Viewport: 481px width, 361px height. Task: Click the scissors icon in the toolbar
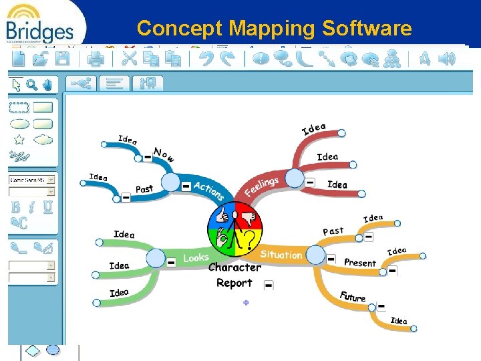point(129,58)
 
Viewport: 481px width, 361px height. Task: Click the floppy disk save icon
point(62,58)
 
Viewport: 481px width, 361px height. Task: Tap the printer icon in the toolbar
point(97,58)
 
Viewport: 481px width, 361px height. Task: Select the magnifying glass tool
point(31,84)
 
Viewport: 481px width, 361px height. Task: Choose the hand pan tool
point(47,84)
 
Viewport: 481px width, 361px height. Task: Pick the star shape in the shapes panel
point(19,140)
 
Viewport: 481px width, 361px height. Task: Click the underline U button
point(47,207)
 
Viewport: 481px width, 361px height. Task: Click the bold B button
point(16,207)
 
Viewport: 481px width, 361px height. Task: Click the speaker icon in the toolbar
point(448,58)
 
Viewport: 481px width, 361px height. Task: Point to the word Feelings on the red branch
point(261,187)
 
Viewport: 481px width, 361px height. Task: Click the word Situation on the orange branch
point(281,255)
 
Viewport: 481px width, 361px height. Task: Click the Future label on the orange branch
point(352,296)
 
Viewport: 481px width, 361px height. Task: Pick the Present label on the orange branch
point(360,263)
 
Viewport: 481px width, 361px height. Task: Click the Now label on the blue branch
point(164,154)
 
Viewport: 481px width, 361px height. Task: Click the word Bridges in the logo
point(39,31)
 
